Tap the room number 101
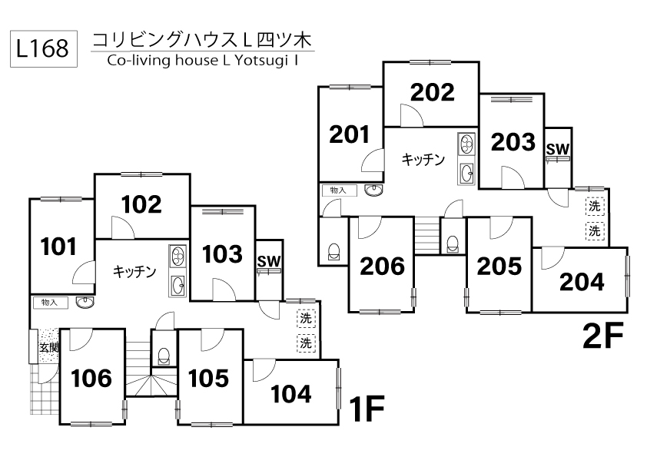click(59, 247)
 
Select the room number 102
click(142, 204)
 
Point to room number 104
click(292, 394)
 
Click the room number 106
click(91, 378)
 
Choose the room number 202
click(432, 92)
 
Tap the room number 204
click(582, 282)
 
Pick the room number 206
click(383, 267)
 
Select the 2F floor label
click(602, 336)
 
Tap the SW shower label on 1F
click(268, 262)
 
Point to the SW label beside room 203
click(558, 149)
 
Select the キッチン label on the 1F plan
click(135, 271)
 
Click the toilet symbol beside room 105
click(163, 355)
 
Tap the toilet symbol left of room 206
click(333, 252)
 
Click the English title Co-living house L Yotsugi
click(203, 61)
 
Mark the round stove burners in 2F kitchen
click(466, 144)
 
